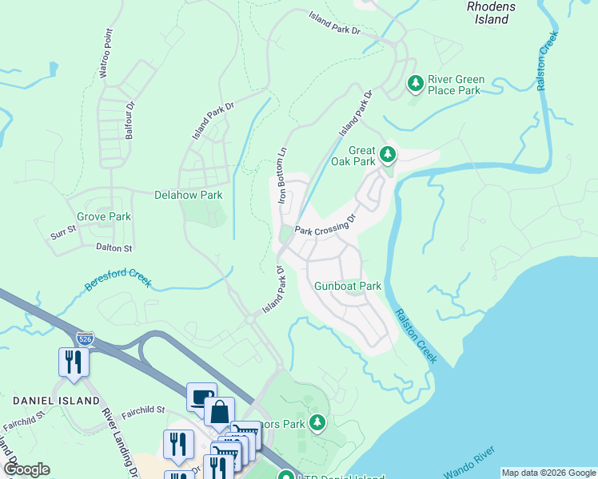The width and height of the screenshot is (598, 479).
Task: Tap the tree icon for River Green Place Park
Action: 415,82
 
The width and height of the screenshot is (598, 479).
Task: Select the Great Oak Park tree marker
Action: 388,152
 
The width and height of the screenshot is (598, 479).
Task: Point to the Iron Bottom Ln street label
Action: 281,177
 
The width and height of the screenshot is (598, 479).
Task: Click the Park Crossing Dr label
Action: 324,227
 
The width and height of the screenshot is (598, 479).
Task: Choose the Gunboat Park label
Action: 348,286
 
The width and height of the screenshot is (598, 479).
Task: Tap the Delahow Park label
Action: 188,195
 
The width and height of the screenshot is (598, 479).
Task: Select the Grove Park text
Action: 103,216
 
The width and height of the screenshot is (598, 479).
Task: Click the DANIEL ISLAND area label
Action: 56,400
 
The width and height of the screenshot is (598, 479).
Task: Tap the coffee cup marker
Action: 201,396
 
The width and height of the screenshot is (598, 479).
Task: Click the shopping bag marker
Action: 219,412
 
